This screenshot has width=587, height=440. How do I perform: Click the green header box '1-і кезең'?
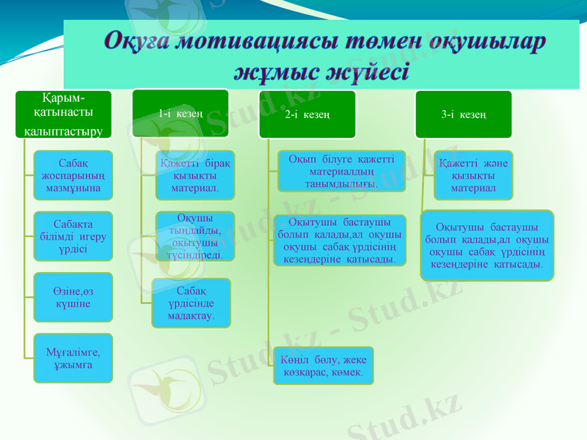(x=181, y=114)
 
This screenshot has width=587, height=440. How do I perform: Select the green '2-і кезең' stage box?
(x=307, y=114)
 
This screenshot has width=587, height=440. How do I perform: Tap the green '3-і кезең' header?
(x=464, y=114)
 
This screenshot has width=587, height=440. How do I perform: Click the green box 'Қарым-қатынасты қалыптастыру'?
(x=63, y=114)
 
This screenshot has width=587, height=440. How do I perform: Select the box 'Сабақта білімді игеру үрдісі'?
(x=73, y=235)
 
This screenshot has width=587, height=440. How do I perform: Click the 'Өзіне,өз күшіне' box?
(x=73, y=297)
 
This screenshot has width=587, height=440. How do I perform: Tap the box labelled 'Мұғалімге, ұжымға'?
(x=73, y=358)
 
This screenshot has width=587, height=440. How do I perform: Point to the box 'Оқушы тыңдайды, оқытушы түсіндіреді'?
(x=194, y=235)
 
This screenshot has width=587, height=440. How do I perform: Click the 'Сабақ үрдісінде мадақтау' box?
(x=191, y=302)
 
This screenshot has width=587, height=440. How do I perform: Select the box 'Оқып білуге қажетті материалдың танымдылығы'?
(x=341, y=171)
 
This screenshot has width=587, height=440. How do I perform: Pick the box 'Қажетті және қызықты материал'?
(x=472, y=175)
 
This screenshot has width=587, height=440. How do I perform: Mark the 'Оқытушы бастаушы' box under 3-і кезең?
(x=486, y=245)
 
